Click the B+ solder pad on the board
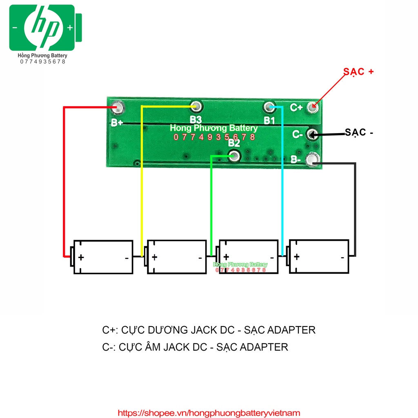118,107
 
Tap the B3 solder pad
196,107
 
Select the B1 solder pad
269,108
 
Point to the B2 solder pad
234,156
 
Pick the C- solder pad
313,133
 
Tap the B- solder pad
312,159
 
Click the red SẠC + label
358,71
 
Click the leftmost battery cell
102,257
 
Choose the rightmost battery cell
319,256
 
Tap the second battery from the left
176,257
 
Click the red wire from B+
64,184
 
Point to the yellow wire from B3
142,184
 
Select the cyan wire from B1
282,184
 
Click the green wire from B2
211,204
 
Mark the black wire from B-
355,204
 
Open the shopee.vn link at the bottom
209,413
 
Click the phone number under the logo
42,62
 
